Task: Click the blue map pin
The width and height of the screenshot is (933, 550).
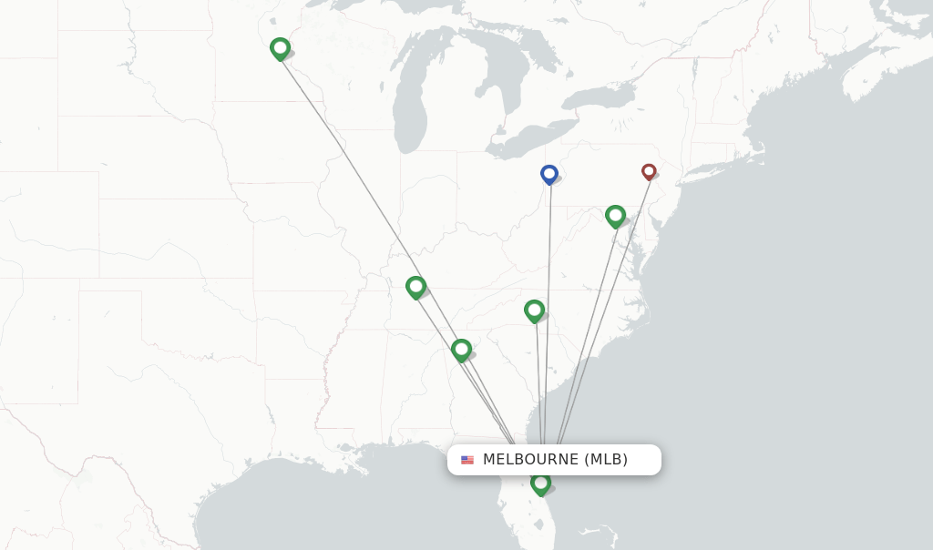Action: pyautogui.click(x=549, y=174)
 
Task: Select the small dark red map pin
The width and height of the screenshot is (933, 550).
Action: pyautogui.click(x=649, y=170)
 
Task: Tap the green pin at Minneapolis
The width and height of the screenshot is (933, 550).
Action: pyautogui.click(x=280, y=48)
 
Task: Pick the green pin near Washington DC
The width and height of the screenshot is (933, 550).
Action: pyautogui.click(x=615, y=216)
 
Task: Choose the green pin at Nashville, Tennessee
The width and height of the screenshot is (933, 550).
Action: pyautogui.click(x=415, y=287)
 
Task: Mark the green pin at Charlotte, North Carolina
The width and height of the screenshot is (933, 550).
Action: pyautogui.click(x=534, y=311)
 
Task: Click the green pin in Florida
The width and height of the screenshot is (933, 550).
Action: pyautogui.click(x=540, y=483)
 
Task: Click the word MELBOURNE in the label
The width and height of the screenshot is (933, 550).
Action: pyautogui.click(x=530, y=460)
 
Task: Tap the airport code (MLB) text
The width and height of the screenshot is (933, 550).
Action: pyautogui.click(x=606, y=460)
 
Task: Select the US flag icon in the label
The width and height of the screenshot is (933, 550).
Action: pyautogui.click(x=467, y=460)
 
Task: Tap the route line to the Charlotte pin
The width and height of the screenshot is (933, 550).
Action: pyautogui.click(x=538, y=382)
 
